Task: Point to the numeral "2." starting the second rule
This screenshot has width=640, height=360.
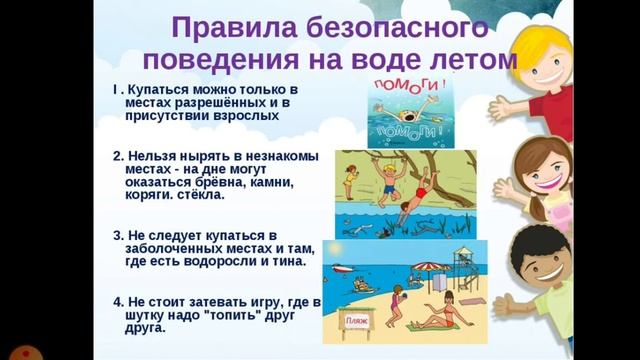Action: (118, 155)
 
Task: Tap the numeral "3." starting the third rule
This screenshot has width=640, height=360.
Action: (118, 234)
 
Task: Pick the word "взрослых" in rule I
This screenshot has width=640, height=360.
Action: (244, 116)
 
